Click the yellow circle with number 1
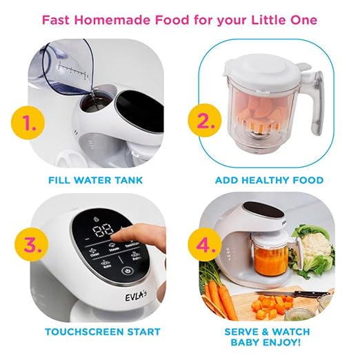coord(26,125)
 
